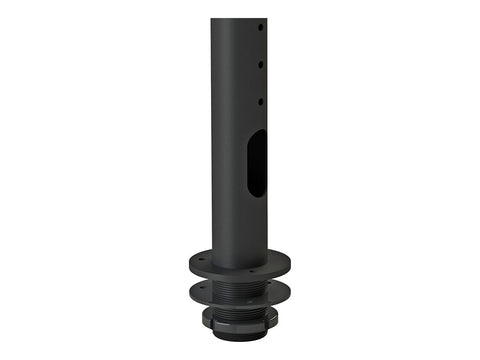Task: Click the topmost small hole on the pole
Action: (x=261, y=27)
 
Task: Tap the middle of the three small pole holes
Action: (x=261, y=63)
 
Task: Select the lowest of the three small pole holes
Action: (x=261, y=100)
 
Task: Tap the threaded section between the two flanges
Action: (x=239, y=283)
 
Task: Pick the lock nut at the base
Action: (x=239, y=325)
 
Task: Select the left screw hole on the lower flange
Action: (x=200, y=289)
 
